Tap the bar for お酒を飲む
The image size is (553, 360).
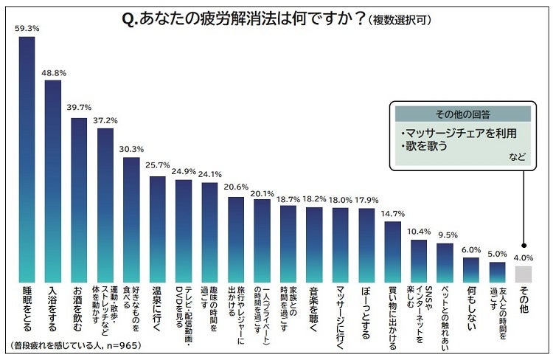79,199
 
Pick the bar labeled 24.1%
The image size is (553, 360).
210,232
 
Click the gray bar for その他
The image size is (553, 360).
523,274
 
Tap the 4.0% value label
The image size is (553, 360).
523,258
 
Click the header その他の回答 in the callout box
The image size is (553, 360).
461,114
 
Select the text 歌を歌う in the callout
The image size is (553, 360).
421,145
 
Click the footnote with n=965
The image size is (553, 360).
77,345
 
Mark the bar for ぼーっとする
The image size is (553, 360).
366,244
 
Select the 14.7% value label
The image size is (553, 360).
392,215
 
